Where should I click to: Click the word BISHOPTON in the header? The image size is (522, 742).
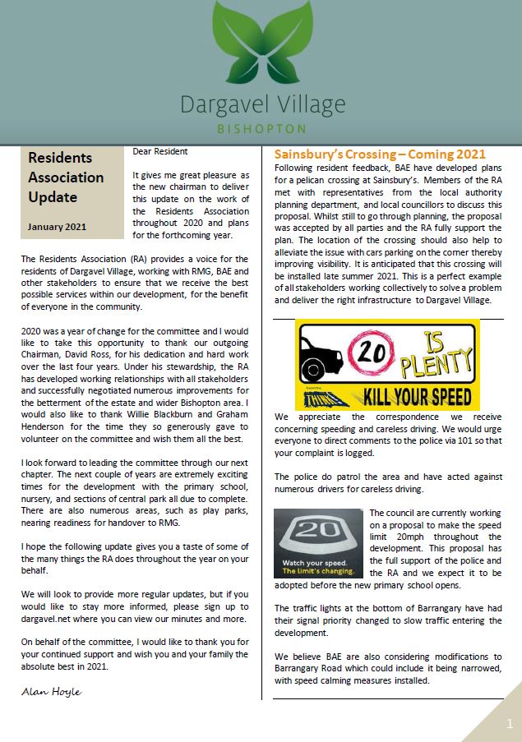coord(261,129)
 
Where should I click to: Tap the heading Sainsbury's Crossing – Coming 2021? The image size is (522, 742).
coord(379,154)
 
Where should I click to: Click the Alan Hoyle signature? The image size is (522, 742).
coord(51,692)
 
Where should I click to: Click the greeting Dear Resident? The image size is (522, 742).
coord(160,151)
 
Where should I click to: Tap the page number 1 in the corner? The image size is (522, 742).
coord(509,724)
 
